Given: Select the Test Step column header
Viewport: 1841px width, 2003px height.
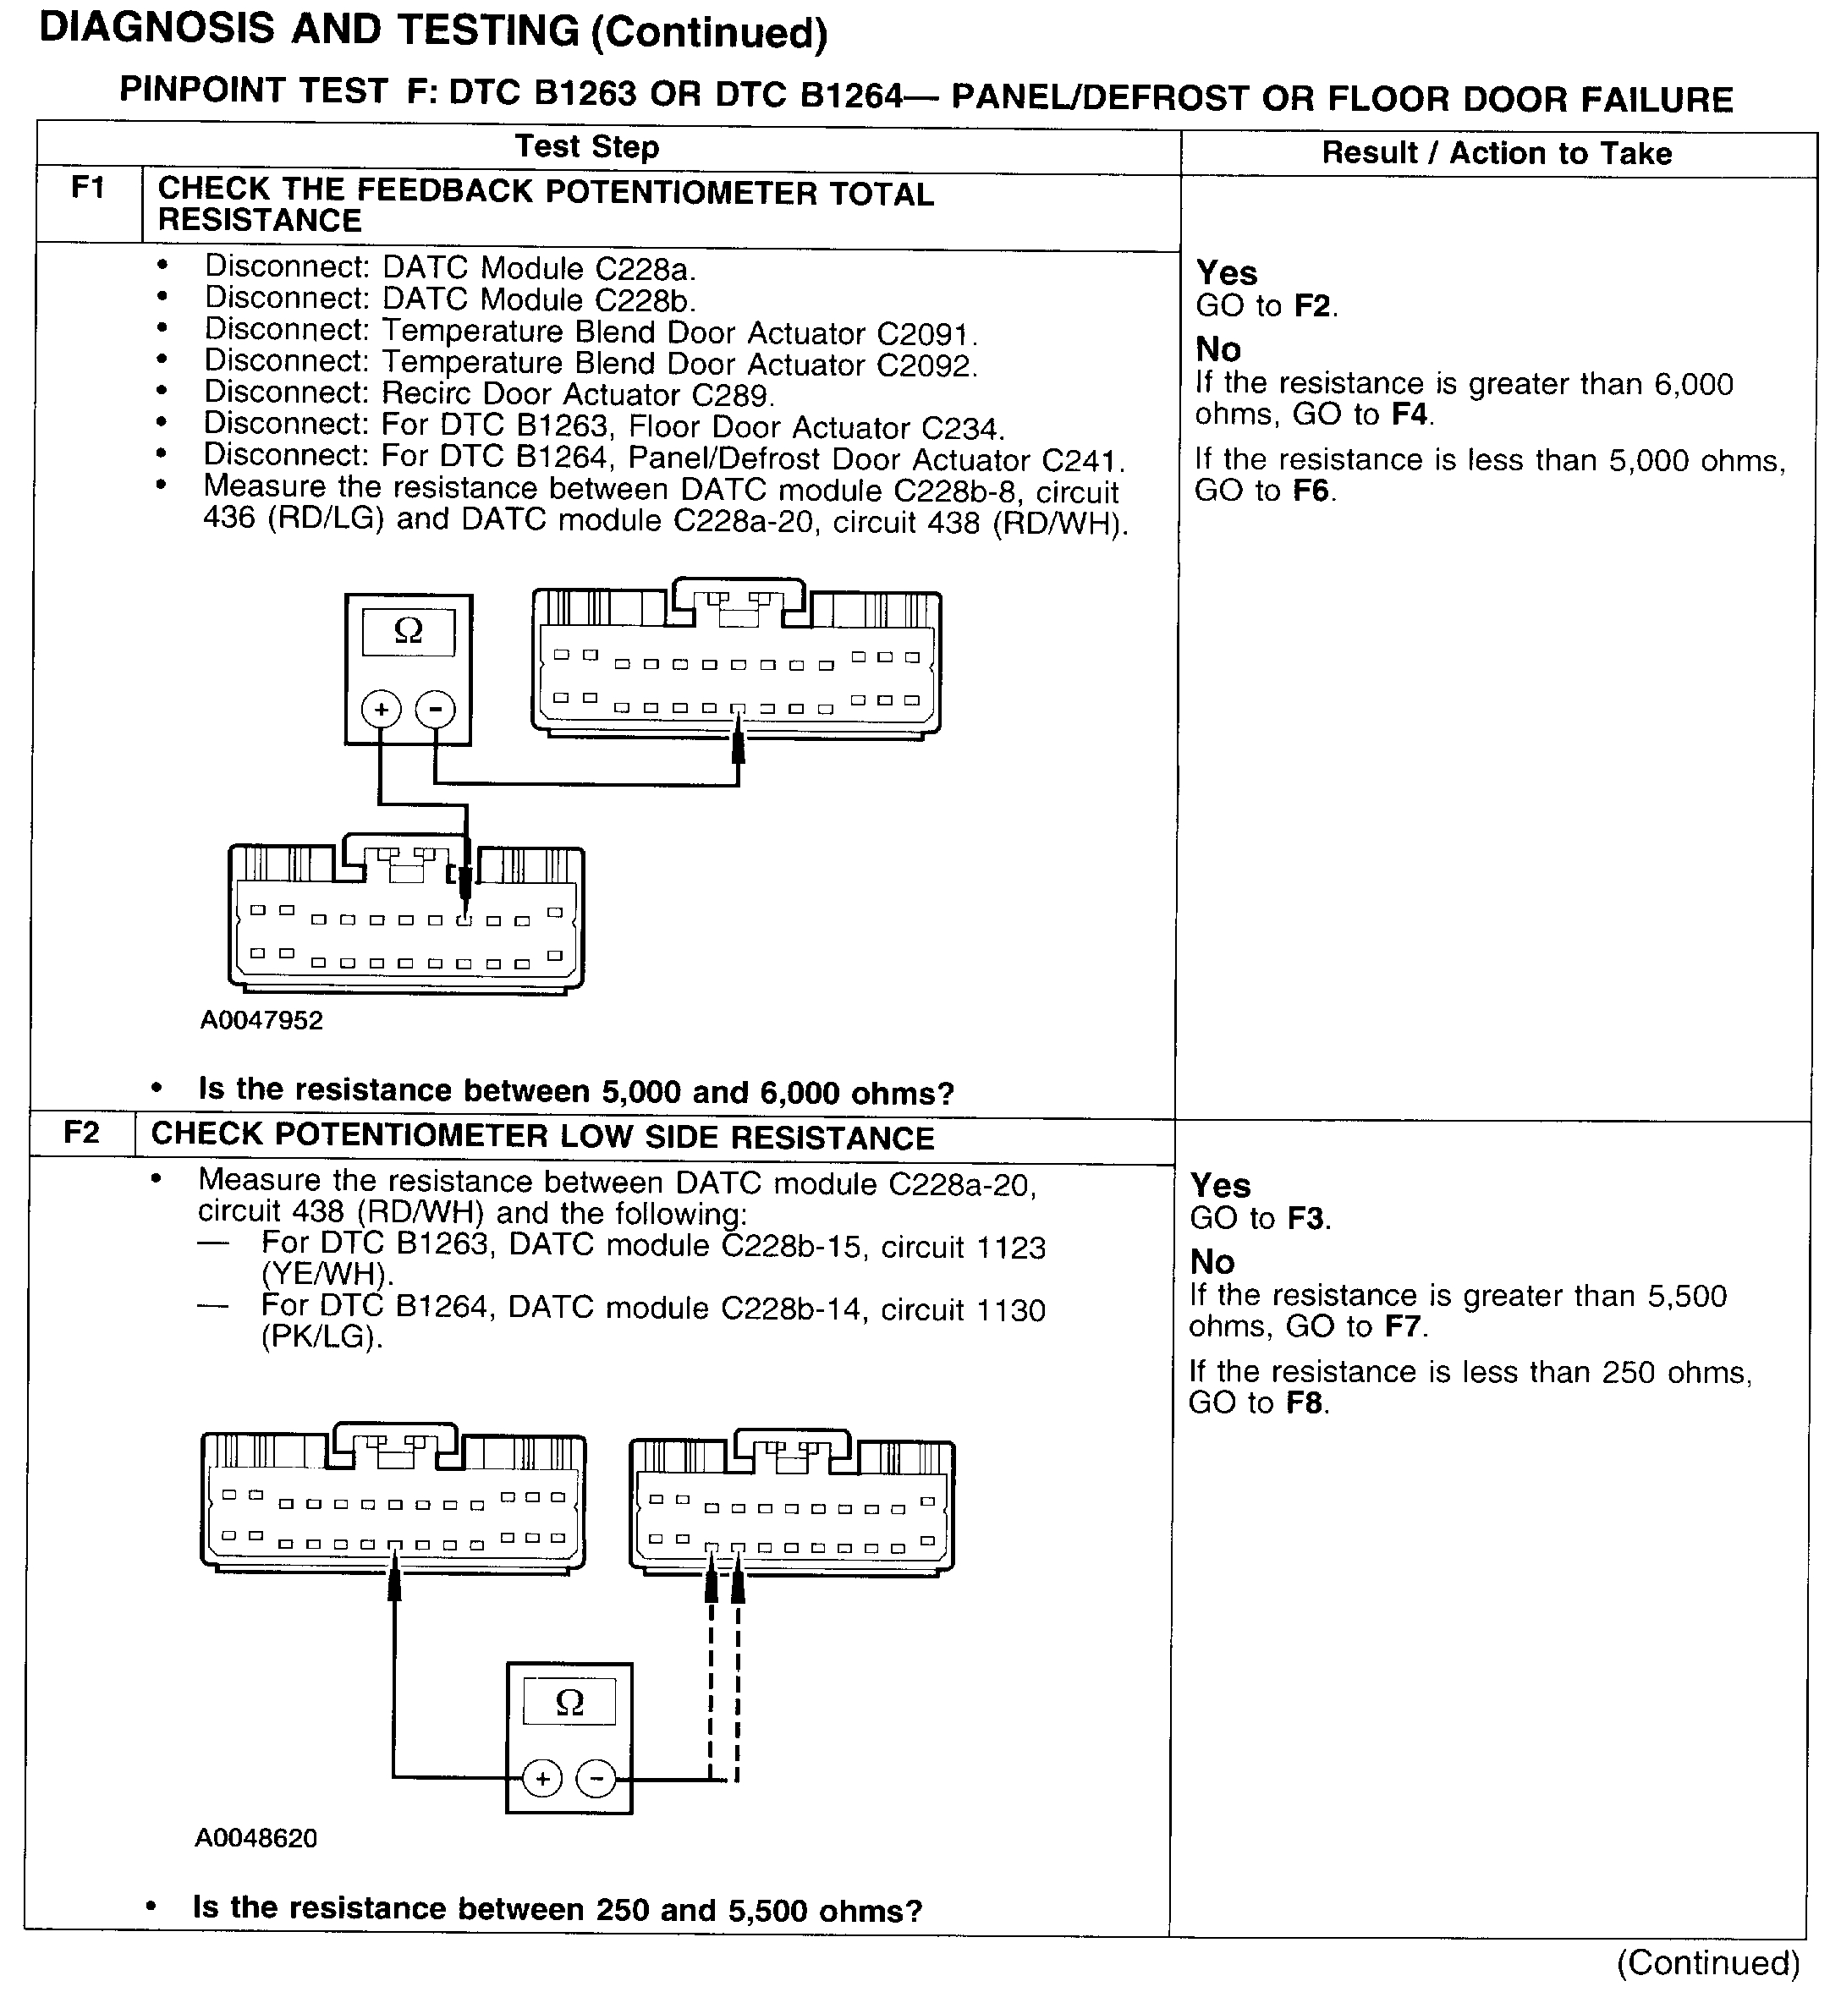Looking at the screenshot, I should [x=587, y=146].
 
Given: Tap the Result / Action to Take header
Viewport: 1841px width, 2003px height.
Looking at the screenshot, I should [x=1497, y=153].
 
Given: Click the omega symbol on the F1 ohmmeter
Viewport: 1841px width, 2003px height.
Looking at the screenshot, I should [x=409, y=630].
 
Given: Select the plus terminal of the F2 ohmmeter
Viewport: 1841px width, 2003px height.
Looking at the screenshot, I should [x=542, y=1779].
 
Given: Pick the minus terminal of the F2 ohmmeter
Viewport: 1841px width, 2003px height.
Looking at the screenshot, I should [x=596, y=1779].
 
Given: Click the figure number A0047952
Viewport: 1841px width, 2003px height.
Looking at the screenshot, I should [x=262, y=1020].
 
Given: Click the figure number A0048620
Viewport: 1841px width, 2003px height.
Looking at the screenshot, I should [x=256, y=1838].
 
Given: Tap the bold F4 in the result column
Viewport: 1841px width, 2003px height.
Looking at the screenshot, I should [x=1410, y=415].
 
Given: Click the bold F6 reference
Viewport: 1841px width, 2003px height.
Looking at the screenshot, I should [x=1311, y=491].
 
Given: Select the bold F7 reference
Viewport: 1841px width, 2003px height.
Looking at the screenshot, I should [x=1404, y=1326].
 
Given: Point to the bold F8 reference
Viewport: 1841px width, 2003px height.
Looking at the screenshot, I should [x=1307, y=1403].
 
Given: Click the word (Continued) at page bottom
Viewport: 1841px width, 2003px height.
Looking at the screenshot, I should [x=1707, y=1962].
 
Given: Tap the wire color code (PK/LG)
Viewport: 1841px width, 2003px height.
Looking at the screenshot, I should [x=321, y=1336].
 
